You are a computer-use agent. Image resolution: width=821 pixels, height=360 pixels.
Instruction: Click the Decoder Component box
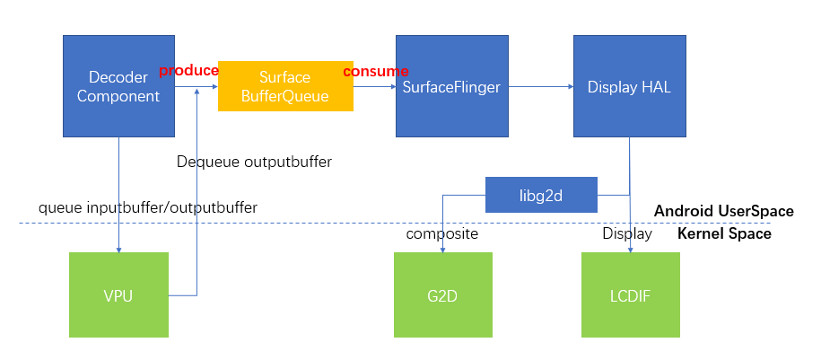tap(118, 86)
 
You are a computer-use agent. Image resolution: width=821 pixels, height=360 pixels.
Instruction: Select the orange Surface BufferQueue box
tap(285, 86)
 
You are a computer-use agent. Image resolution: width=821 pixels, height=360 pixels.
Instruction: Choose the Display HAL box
tap(629, 86)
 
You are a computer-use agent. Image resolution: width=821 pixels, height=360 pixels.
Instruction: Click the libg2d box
tap(541, 195)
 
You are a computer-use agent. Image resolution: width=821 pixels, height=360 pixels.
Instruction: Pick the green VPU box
tap(118, 294)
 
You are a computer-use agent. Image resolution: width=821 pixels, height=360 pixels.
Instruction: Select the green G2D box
tap(443, 294)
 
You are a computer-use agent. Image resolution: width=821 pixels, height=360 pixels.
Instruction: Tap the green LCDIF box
tap(630, 294)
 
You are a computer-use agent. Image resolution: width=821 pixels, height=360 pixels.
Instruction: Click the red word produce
tap(188, 71)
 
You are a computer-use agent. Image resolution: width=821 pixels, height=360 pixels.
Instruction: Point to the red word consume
tap(376, 71)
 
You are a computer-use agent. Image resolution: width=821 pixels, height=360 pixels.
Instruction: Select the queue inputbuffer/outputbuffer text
tap(148, 207)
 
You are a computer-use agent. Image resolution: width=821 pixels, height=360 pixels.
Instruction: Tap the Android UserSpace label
tap(723, 211)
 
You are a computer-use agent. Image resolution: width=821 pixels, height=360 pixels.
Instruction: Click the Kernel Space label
tap(723, 233)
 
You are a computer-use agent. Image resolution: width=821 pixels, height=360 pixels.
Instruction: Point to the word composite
tap(442, 234)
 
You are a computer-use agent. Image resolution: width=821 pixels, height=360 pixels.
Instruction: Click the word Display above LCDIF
tap(627, 234)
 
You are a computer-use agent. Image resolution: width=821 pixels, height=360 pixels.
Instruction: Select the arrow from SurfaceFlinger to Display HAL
tap(536, 86)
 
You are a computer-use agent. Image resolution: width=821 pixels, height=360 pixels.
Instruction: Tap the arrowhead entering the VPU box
tap(118, 249)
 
